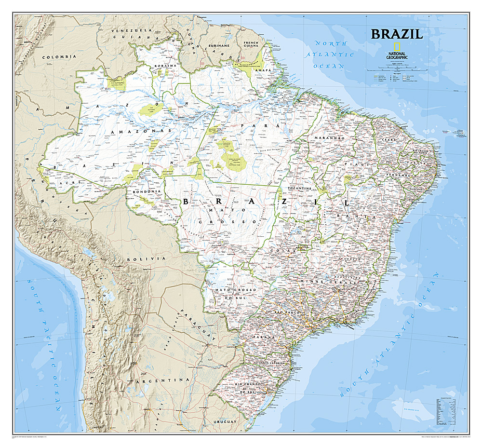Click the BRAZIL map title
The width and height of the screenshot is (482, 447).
[x=396, y=34]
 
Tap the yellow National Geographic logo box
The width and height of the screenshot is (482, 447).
[x=397, y=47]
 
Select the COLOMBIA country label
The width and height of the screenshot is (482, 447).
[x=59, y=57]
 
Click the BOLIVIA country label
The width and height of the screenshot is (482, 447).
[x=139, y=259]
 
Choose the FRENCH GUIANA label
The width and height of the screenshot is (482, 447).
[x=251, y=45]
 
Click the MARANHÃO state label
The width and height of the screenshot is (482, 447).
[x=327, y=138]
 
